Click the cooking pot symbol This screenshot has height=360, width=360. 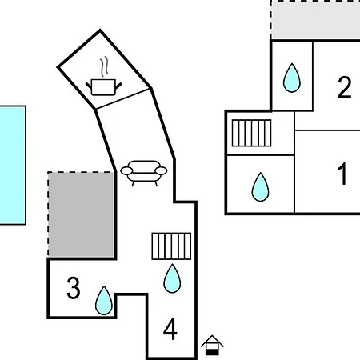pos(103,87)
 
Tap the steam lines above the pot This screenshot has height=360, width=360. pos(105,66)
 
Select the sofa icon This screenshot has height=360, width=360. pos(144,173)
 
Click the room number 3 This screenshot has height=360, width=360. pos(74,288)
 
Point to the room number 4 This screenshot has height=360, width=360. pos(170,329)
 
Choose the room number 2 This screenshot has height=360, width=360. pos(344,87)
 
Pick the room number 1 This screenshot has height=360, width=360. pos(342,174)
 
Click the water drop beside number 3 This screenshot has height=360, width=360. pos(104,300)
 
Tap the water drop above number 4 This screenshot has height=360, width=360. pos(172,278)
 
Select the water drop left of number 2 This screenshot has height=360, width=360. pos(292,78)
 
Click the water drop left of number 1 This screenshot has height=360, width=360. pos(260,187)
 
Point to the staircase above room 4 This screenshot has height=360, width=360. pos(171,246)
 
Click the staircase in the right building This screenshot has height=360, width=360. pos(251,133)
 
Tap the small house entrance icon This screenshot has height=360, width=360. pos(212,346)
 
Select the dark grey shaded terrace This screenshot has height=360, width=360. pos(82,215)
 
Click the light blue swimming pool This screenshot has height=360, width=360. pos(13,166)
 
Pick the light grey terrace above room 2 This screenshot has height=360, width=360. pos(316,20)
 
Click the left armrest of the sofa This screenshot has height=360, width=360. pos(126,170)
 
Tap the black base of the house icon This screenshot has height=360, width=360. pos(212,353)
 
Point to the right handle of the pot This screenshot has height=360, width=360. pos(118,86)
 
